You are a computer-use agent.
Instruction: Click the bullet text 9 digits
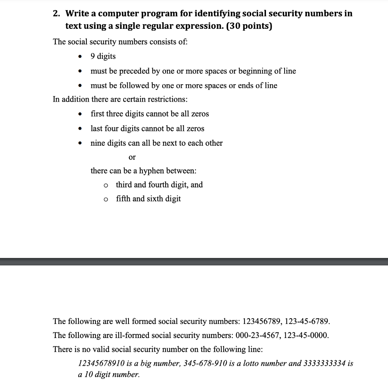pos(103,57)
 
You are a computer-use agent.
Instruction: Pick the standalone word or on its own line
pos(132,157)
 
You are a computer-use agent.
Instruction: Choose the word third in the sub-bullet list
pos(124,185)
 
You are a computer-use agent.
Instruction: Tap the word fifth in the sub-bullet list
pos(123,199)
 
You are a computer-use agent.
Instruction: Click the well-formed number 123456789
pos(262,322)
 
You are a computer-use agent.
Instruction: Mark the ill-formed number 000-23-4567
pos(257,336)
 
